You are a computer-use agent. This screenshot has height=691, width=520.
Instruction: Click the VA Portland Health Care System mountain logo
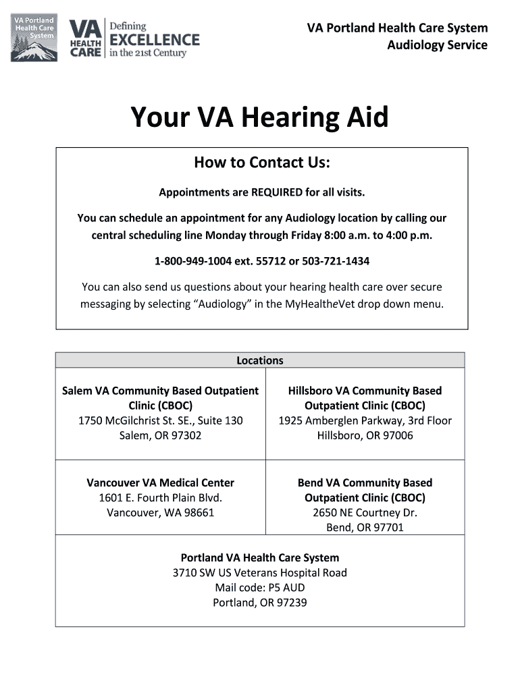34,38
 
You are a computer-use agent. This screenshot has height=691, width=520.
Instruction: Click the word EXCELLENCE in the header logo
155,40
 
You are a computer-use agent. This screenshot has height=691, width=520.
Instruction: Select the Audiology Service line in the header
437,45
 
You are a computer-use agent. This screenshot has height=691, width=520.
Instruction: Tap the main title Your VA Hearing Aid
259,117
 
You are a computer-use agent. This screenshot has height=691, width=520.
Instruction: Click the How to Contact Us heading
261,163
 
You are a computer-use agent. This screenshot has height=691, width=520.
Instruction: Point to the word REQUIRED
277,193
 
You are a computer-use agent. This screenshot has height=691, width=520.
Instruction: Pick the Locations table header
260,360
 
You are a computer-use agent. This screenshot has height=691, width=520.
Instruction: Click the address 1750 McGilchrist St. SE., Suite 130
161,421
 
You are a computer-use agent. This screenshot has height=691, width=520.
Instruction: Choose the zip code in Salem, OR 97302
186,436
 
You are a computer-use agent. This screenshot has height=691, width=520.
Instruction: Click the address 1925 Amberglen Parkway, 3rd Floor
365,421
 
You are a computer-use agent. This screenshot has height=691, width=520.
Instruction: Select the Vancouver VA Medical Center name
161,483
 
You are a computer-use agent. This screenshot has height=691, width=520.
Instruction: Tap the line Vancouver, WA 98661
161,513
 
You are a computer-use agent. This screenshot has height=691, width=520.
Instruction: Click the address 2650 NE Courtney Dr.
365,513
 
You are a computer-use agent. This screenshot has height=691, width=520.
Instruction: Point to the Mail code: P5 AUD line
260,588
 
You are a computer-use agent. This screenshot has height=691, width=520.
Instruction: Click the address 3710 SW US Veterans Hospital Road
260,573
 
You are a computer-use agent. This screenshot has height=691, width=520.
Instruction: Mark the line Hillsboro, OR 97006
365,436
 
